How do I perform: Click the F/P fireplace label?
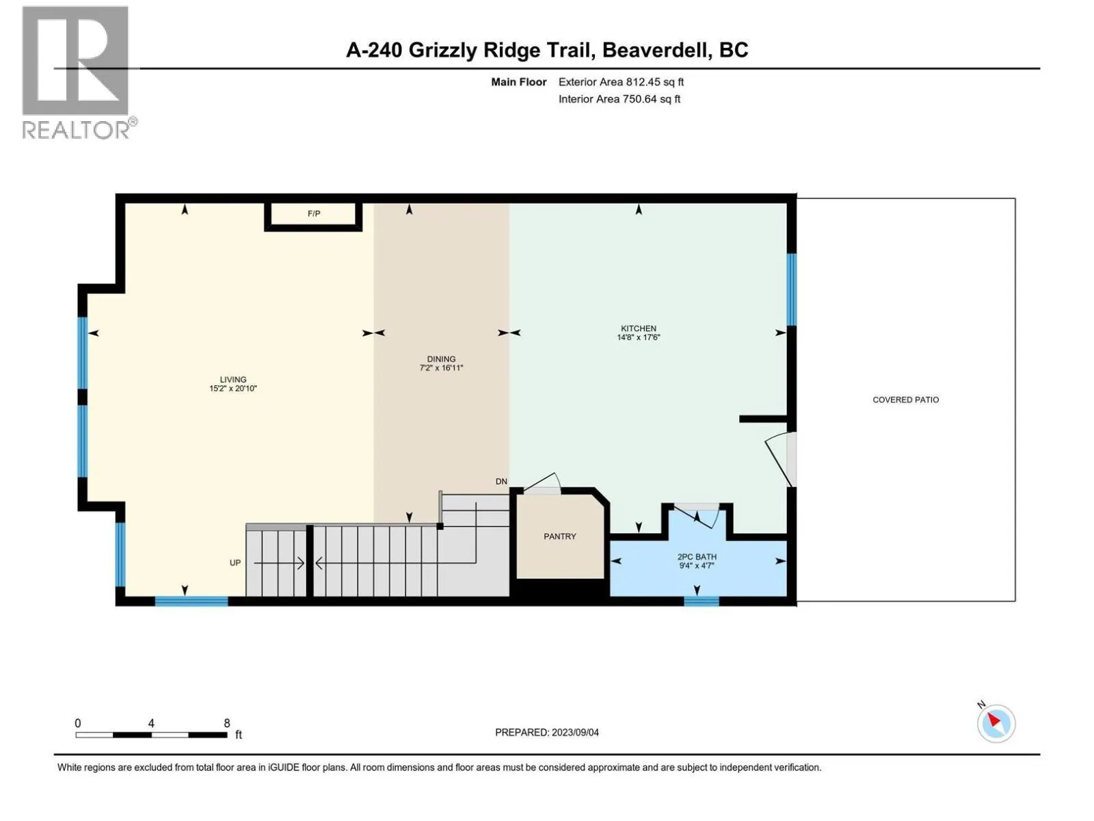[x=314, y=213]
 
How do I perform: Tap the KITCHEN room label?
[x=638, y=328]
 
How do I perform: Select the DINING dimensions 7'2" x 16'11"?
[x=441, y=368]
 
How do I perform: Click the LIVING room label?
[x=232, y=380]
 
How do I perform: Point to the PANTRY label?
[x=559, y=536]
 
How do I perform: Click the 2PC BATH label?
[x=697, y=557]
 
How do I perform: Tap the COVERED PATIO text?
[x=905, y=400]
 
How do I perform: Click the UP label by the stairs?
[x=235, y=563]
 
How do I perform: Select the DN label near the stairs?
[x=501, y=482]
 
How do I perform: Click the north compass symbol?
[x=996, y=723]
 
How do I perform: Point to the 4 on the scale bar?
[x=151, y=723]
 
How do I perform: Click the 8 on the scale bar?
[x=227, y=723]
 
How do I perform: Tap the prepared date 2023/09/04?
[x=575, y=732]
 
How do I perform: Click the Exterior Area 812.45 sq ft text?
[x=621, y=82]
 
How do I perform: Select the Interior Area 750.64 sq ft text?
[x=619, y=99]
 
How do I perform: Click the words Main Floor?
[x=518, y=82]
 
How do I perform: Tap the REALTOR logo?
[x=76, y=72]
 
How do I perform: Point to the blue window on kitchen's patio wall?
[x=791, y=289]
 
